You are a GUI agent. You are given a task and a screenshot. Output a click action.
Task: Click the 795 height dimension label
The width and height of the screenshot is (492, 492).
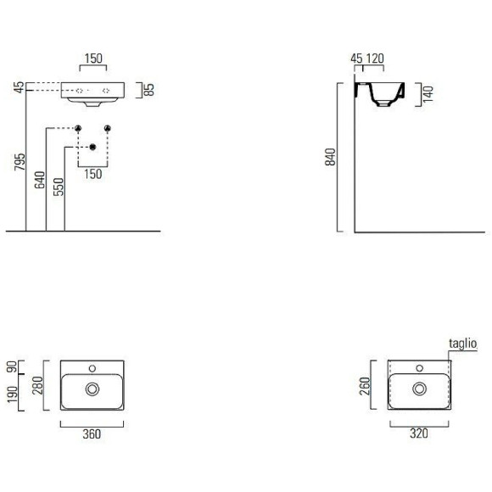tap(20, 162)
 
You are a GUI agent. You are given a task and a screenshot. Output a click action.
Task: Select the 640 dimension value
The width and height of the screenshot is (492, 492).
tap(40, 180)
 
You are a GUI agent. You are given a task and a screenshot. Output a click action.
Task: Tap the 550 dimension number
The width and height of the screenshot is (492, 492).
tap(59, 187)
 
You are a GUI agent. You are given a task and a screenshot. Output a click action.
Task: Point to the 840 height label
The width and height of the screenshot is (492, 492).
tap(331, 157)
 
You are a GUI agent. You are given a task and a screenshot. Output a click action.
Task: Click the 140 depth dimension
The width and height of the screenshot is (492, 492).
tap(428, 94)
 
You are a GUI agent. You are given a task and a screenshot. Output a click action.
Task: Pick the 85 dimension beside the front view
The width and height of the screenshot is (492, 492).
tap(149, 90)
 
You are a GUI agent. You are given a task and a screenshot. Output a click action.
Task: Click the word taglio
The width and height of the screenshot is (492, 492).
tap(463, 344)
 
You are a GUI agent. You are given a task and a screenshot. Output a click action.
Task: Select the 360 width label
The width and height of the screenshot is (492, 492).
tap(92, 434)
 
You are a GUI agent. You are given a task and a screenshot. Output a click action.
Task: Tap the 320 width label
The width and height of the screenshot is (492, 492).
tap(419, 433)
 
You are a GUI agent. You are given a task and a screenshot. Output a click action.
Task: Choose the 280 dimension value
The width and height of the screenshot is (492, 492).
tap(37, 385)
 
